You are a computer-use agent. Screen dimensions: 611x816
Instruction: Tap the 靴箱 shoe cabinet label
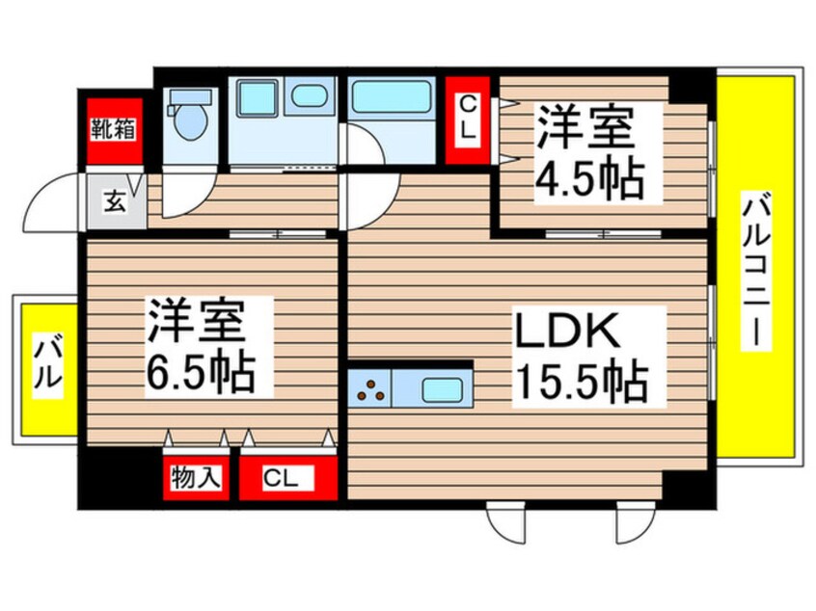click(114, 126)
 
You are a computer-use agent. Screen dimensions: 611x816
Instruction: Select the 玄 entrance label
click(114, 203)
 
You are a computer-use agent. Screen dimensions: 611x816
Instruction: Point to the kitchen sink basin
click(445, 391)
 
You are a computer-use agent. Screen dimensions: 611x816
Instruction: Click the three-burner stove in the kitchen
click(372, 391)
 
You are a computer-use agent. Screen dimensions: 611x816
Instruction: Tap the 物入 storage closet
click(195, 476)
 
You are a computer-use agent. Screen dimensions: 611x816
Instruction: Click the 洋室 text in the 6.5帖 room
click(206, 322)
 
